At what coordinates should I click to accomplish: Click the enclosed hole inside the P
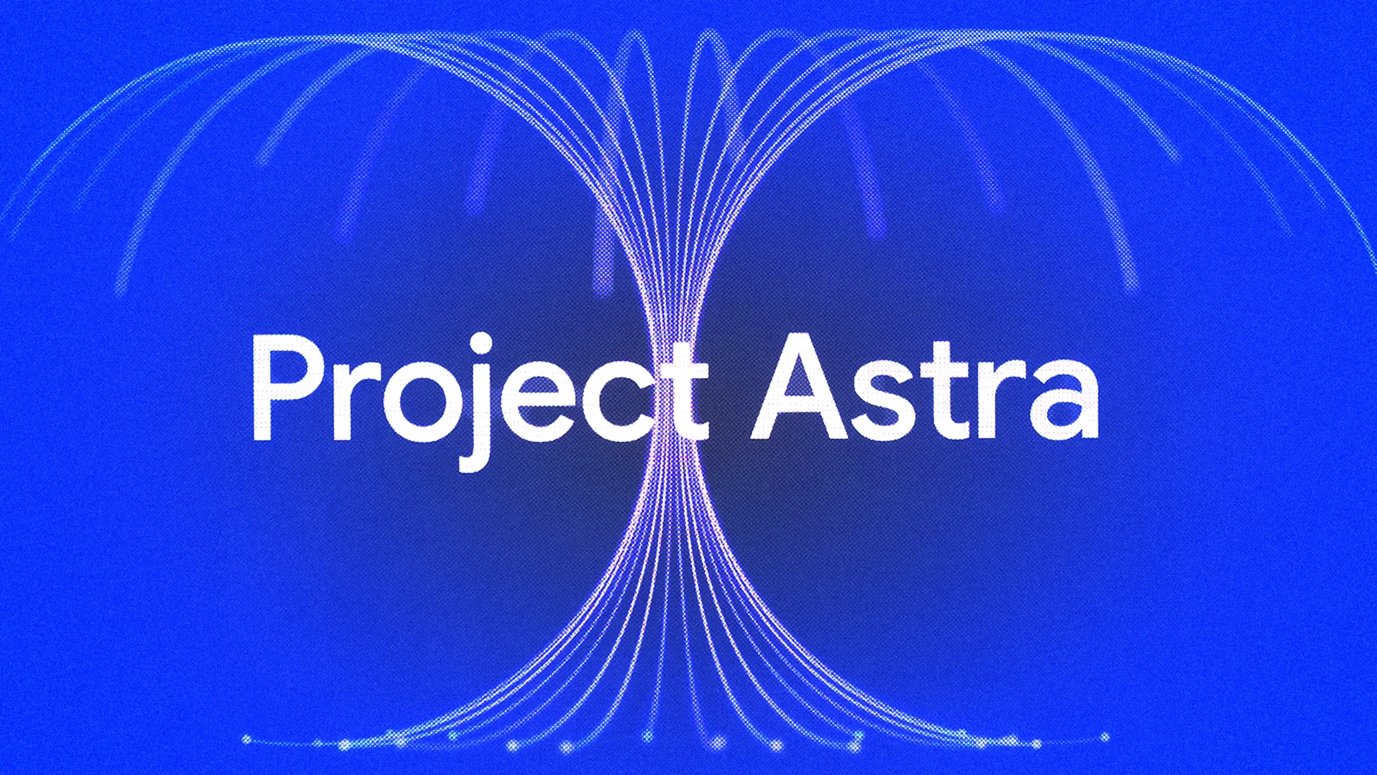pos(295,371)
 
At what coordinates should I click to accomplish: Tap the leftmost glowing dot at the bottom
pos(247,739)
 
